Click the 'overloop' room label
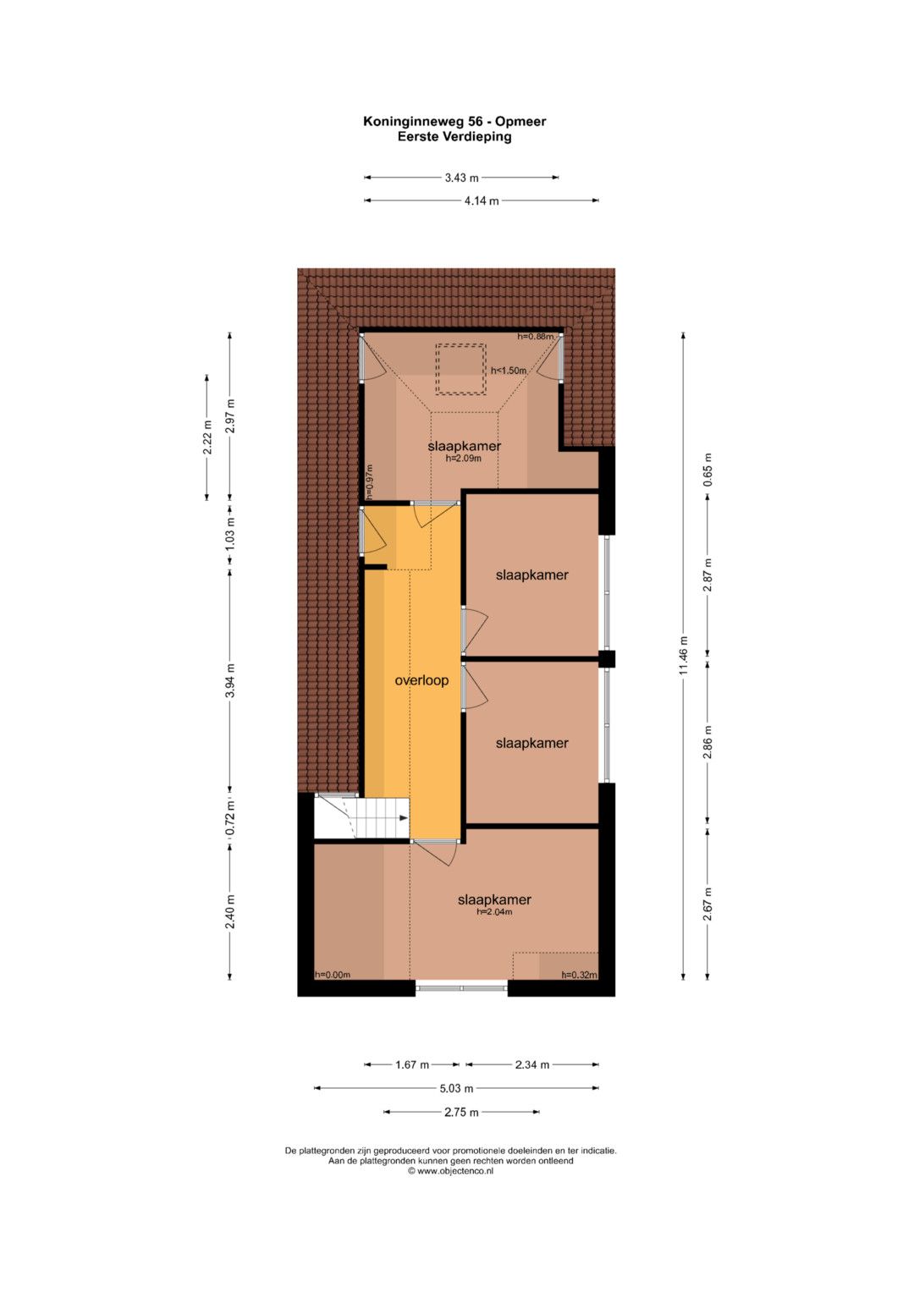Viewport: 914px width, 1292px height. coord(421,680)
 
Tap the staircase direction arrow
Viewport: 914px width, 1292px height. coord(404,817)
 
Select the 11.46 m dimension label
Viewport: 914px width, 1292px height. coord(684,655)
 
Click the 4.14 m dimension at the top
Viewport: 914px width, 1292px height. coord(482,201)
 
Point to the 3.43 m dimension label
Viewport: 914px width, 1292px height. coord(461,178)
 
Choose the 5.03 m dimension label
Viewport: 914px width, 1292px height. coord(456,1088)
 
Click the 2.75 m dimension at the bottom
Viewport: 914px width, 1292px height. coord(461,1112)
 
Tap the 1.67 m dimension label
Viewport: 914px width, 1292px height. coord(412,1064)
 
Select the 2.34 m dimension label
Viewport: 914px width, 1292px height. coord(532,1064)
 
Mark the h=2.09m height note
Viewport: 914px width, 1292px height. coord(464,459)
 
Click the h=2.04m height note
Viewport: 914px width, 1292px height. coord(494,912)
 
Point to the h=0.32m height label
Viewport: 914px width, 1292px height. coord(580,975)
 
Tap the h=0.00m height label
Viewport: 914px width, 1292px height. coord(333,975)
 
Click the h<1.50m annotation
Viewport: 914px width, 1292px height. coord(509,371)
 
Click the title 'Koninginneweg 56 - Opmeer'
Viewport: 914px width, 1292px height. coord(454,122)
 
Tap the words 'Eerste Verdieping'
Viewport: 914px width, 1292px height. coord(454,137)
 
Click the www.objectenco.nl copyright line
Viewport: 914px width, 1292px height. coord(450,1171)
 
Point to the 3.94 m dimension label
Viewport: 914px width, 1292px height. coord(230,680)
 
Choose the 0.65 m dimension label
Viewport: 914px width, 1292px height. coord(708,470)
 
